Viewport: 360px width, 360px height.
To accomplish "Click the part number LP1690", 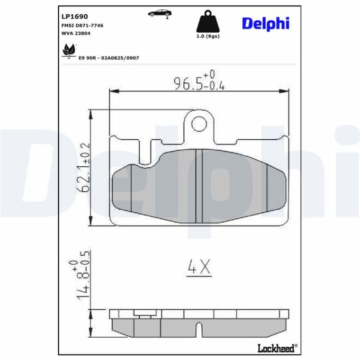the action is (75, 16).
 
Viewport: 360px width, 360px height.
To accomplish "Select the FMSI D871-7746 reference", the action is (82, 25).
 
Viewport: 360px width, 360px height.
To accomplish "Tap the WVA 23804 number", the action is (76, 33).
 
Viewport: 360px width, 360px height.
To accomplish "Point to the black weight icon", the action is (208, 21).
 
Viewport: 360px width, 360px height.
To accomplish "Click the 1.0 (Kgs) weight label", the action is (208, 37).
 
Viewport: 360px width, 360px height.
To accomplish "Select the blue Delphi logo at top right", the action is (266, 24).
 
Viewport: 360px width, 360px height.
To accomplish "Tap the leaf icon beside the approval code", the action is (69, 50).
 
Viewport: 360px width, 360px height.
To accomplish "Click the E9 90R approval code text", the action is (109, 58).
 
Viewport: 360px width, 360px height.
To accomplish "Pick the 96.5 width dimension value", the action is (188, 84).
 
